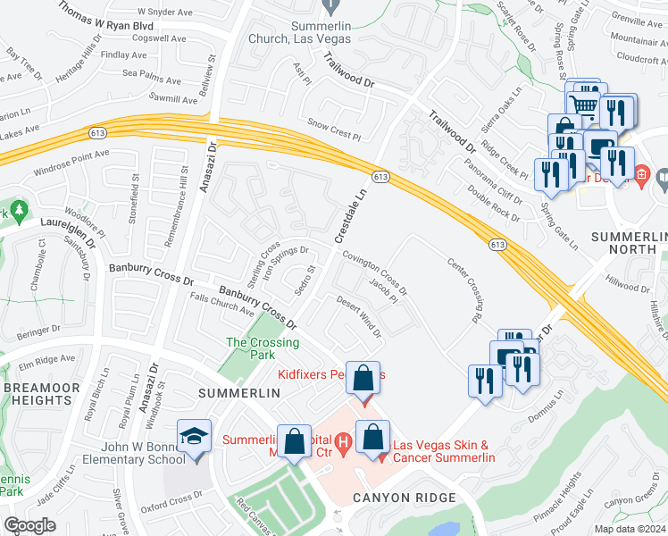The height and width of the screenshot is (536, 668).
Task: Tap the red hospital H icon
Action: point(340,440)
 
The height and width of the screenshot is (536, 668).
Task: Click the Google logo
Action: point(29,525)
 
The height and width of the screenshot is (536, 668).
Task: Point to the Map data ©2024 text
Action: point(630,529)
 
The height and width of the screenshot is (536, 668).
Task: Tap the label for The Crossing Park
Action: point(262,348)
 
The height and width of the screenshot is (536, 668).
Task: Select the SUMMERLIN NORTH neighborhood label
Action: point(630,243)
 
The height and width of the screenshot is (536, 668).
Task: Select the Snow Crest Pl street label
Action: point(333,129)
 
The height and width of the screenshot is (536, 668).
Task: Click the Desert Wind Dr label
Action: point(358,316)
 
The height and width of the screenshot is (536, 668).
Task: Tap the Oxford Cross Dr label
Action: point(171,498)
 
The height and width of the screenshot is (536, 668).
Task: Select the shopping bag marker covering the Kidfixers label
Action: point(363,379)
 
